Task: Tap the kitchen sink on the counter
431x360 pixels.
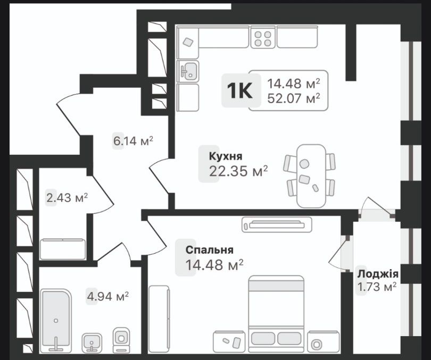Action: (x=188, y=70)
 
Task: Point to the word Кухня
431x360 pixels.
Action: (x=226, y=156)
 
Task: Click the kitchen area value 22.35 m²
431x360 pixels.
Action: (x=238, y=171)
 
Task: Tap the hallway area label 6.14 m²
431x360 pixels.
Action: (x=132, y=141)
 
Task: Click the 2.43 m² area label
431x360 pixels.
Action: (x=67, y=197)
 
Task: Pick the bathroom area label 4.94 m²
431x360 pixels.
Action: (x=108, y=296)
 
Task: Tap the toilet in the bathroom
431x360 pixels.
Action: (x=121, y=338)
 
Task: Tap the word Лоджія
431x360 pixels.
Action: (x=378, y=274)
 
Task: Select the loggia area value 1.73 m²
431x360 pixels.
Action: (x=378, y=288)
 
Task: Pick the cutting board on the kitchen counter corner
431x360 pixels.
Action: (x=187, y=41)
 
